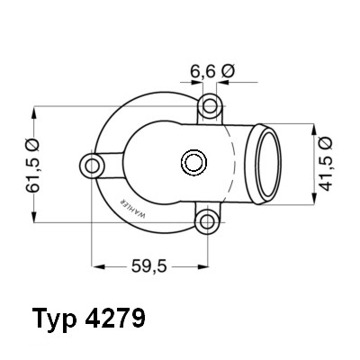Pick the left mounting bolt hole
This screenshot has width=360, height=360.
point(93,164)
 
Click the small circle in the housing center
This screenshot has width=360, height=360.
point(192,163)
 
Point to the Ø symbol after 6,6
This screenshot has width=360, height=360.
point(229,68)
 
